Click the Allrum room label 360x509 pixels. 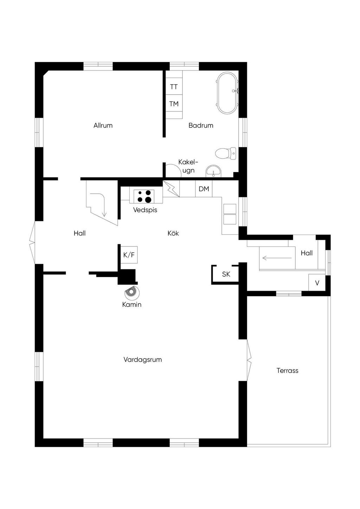[103, 125]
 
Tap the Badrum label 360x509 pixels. [201, 125]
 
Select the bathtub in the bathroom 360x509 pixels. [227, 93]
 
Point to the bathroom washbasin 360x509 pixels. [213, 171]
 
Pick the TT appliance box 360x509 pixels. [174, 86]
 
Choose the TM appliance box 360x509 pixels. [174, 103]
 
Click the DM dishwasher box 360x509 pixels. [204, 189]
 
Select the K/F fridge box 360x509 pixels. [129, 255]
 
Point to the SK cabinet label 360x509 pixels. [226, 274]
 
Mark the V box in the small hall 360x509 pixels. [317, 283]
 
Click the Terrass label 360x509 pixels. [287, 371]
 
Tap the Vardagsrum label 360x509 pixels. [142, 360]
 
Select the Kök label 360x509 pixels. [173, 233]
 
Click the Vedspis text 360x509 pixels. [145, 210]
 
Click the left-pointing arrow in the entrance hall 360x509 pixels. [277, 258]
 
